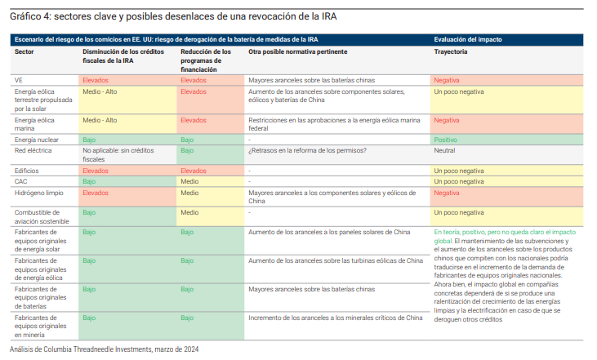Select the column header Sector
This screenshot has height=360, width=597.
click(25, 51)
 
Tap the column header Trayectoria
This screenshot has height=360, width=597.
click(451, 51)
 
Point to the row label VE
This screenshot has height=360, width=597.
click(20, 80)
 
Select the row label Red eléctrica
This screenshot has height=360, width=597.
click(33, 151)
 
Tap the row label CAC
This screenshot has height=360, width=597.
click(22, 181)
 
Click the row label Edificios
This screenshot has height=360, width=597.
click(28, 171)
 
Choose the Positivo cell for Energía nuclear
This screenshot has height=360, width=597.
click(447, 140)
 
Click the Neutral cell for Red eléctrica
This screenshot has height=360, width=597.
click(445, 151)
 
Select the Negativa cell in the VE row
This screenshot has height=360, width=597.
click(448, 80)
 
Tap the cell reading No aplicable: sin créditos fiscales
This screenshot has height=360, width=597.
click(119, 155)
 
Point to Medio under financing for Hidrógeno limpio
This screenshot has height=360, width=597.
click(189, 193)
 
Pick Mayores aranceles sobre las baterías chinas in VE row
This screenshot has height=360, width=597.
click(311, 80)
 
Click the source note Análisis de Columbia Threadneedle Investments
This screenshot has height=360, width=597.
click(104, 349)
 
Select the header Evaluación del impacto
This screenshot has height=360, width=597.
click(468, 39)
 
